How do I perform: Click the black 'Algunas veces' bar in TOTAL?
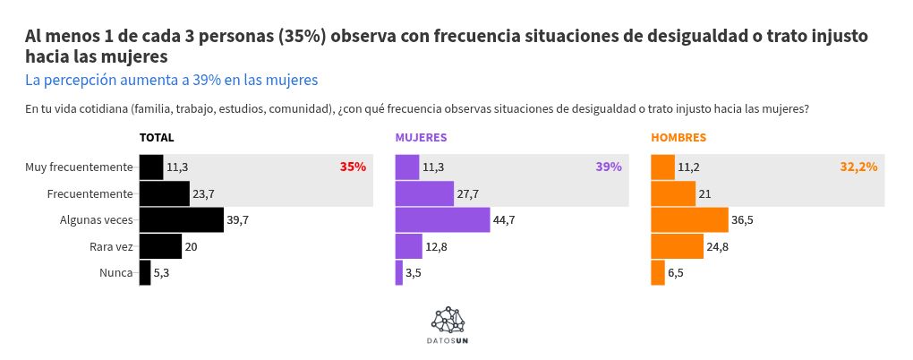click(x=181, y=219)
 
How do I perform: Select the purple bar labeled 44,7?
click(x=442, y=219)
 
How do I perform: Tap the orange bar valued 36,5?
click(x=689, y=219)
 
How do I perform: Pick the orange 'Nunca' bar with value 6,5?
click(x=658, y=273)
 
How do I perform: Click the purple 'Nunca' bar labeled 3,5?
click(x=399, y=273)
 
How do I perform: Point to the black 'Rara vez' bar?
click(x=160, y=246)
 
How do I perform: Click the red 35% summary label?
click(x=353, y=167)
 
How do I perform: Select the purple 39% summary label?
click(x=608, y=167)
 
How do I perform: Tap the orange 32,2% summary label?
click(x=858, y=167)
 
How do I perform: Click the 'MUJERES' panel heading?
click(x=421, y=138)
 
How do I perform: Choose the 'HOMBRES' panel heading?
click(x=678, y=138)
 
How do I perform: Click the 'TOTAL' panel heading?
click(x=157, y=138)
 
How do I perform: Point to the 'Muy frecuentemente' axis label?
click(x=79, y=167)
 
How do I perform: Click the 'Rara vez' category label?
click(x=111, y=246)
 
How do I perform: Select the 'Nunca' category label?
click(x=115, y=273)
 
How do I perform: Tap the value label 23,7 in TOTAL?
click(x=203, y=193)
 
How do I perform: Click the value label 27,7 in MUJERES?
click(x=468, y=193)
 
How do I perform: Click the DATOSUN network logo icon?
click(x=448, y=320)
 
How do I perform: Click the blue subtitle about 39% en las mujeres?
click(x=172, y=80)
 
